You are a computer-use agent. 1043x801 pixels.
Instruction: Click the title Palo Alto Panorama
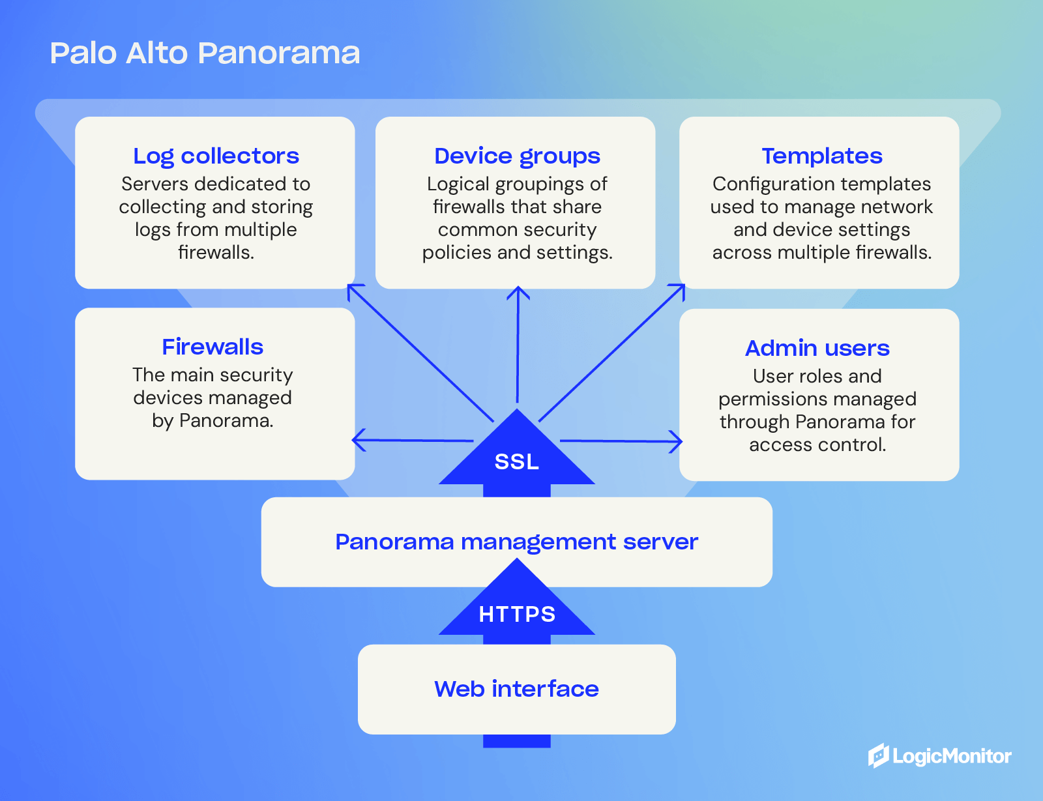[x=205, y=53]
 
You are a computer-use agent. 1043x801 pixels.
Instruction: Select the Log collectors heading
[x=216, y=156]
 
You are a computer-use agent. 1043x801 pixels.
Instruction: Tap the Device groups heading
[x=517, y=156]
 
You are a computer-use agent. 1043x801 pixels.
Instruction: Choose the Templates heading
[x=821, y=156]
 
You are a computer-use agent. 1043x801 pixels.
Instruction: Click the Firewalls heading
[x=213, y=347]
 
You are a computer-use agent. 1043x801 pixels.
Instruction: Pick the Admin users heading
[x=817, y=348]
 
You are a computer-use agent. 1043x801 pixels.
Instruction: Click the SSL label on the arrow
[x=516, y=461]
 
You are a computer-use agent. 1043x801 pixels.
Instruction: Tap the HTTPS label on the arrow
[x=517, y=614]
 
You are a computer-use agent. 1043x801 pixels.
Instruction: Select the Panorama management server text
[x=516, y=542]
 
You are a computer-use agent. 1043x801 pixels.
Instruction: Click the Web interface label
[x=516, y=689]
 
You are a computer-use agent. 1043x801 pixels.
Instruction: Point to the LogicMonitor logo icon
[x=879, y=756]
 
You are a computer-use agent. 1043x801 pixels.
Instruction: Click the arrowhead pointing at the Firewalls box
[x=357, y=440]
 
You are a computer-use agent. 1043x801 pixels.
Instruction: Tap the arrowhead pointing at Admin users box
[x=677, y=441]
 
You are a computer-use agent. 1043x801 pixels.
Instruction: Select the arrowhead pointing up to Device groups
[x=518, y=291]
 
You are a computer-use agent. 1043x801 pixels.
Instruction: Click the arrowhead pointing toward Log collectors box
[x=352, y=289]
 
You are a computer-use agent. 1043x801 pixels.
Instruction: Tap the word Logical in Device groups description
[x=458, y=184]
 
